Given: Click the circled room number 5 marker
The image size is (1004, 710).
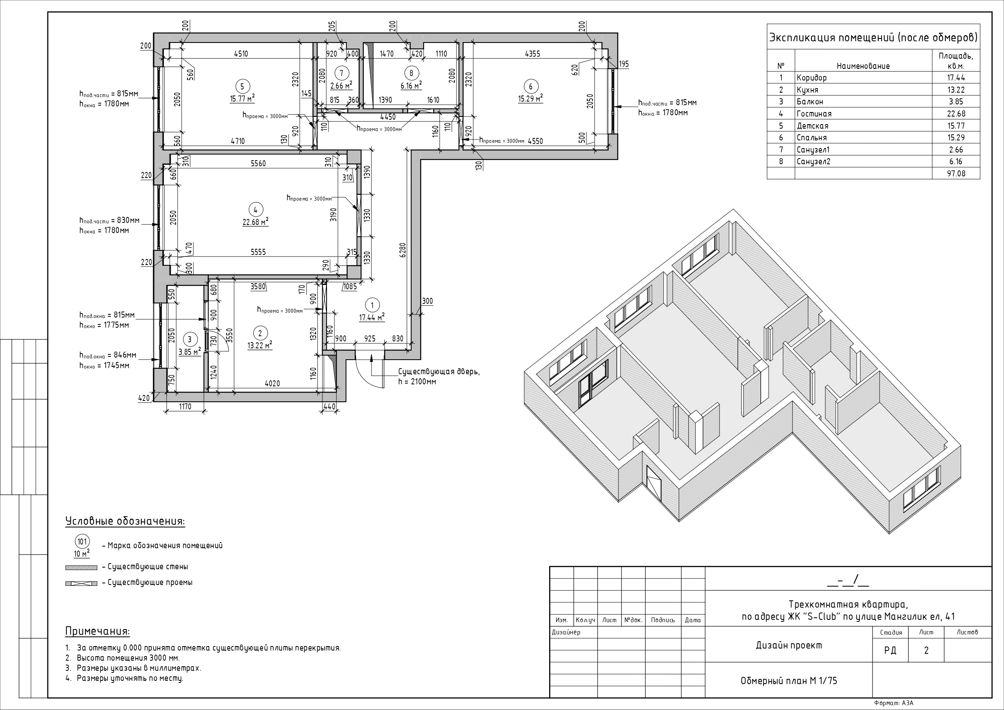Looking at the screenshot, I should click(242, 87).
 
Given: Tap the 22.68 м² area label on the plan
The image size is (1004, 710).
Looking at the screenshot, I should click(255, 222).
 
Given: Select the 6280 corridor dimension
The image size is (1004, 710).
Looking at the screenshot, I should click(403, 250).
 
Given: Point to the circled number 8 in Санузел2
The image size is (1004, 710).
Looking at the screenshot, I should click(411, 73).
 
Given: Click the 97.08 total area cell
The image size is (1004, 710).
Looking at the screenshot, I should click(956, 174).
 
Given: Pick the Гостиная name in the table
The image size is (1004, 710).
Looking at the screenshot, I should click(814, 114).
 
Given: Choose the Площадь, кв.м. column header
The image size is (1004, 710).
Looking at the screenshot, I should click(955, 61).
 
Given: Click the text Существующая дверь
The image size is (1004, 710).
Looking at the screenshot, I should click(439, 372).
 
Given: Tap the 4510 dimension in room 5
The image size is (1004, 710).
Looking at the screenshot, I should click(241, 54).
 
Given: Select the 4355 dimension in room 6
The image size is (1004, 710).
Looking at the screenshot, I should click(532, 54).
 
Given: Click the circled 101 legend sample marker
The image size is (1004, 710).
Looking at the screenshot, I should click(82, 542).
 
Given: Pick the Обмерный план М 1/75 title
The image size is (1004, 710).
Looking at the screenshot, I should click(788, 681).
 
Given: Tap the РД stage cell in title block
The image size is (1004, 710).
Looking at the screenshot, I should click(890, 651).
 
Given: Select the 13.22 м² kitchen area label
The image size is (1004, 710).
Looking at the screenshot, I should click(260, 345).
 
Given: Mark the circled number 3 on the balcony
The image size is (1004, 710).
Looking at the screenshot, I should click(189, 339).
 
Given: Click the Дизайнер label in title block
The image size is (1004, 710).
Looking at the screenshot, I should click(566, 632).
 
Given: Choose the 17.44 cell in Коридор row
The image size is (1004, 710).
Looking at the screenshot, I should click(956, 78).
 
